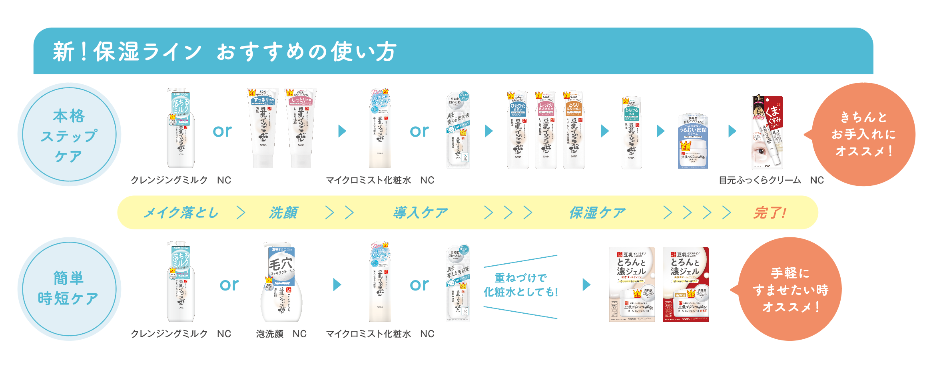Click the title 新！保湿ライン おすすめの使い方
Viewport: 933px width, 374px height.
click(225, 52)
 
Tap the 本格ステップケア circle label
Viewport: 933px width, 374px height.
click(69, 135)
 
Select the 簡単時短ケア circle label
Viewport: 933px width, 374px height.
click(69, 288)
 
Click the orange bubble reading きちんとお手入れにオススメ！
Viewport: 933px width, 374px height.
click(863, 134)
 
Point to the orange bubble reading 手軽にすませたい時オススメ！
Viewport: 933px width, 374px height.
click(790, 289)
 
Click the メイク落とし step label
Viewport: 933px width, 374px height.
click(181, 213)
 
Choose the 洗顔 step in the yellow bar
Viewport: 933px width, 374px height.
click(283, 213)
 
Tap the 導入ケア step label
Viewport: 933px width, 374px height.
click(420, 213)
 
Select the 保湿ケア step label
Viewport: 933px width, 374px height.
click(597, 213)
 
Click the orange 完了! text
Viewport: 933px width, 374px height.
click(770, 213)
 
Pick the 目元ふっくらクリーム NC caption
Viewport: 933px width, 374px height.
click(771, 180)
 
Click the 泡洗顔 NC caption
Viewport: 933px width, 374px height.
click(281, 334)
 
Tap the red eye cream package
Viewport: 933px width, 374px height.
click(767, 132)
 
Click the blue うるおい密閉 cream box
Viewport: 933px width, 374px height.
click(693, 142)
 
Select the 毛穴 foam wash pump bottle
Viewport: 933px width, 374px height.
click(281, 282)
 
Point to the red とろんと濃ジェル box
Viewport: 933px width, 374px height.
click(686, 284)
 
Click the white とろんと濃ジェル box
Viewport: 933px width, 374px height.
click(632, 284)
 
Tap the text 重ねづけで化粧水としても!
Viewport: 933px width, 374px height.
click(520, 285)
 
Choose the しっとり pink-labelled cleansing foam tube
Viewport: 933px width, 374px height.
click(301, 128)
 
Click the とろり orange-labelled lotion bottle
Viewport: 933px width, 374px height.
click(574, 130)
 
